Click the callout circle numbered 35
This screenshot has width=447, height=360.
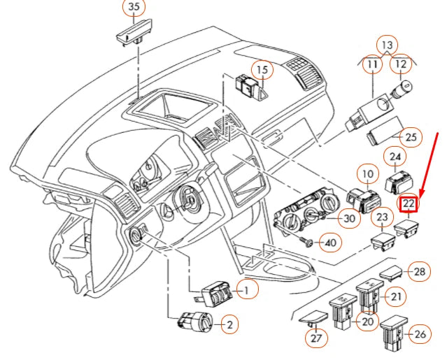coord(134,8)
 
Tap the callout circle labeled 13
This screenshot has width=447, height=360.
coord(386,45)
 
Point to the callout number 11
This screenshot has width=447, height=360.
coord(371,66)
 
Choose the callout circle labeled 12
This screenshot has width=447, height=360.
coord(400,66)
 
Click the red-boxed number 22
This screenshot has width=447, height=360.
coord(408,204)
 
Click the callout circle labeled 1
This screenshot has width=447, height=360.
coord(246,288)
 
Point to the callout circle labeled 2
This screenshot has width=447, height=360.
coord(228,324)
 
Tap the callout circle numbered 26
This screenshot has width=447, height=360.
coord(419,335)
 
